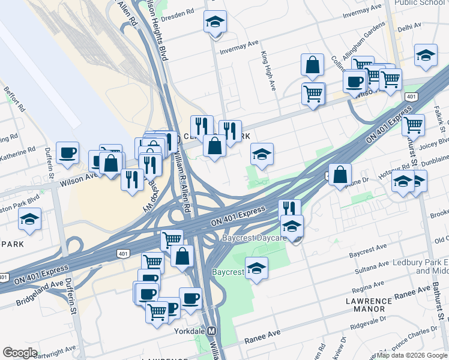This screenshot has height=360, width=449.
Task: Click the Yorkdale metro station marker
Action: pyautogui.click(x=211, y=331)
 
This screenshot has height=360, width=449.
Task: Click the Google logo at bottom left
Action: pyautogui.click(x=20, y=353)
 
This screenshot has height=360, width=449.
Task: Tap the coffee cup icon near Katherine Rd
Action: pyautogui.click(x=68, y=152)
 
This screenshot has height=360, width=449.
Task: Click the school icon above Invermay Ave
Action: pyautogui.click(x=214, y=22)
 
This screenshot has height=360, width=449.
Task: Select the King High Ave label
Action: pyautogui.click(x=268, y=70)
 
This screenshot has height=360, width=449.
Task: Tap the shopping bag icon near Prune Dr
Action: pyautogui.click(x=340, y=175)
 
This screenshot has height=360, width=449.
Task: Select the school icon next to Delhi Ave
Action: pyautogui.click(x=426, y=55)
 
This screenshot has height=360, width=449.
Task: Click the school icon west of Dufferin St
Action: pyautogui.click(x=29, y=220)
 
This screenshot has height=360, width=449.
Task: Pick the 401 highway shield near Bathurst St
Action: pyautogui.click(x=411, y=96)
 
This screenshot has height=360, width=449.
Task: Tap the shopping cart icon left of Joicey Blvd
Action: pyautogui.click(x=413, y=125)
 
